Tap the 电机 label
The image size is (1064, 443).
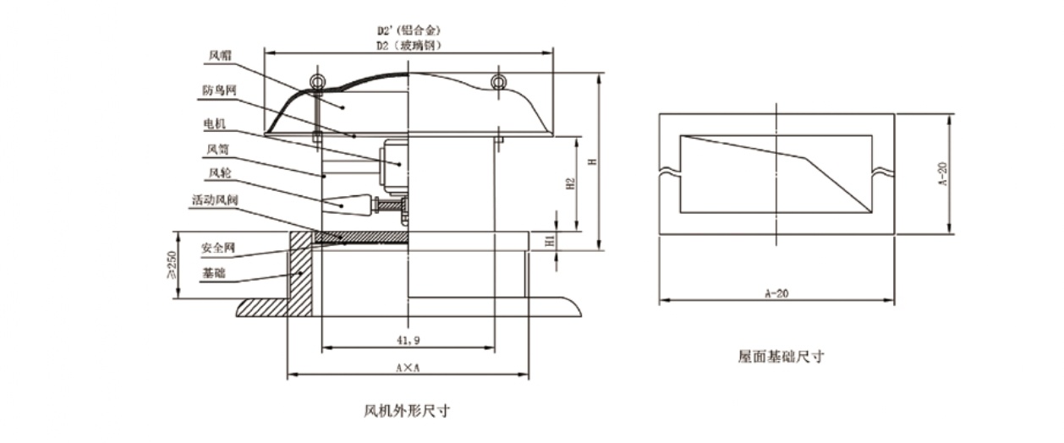point(215,123)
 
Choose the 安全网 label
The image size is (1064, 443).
point(217,249)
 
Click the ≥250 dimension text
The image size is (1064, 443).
point(172,266)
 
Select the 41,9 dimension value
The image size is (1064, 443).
point(409,340)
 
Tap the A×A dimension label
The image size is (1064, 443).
point(408,368)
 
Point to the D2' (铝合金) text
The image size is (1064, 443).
point(409,30)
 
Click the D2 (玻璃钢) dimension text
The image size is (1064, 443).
point(409,44)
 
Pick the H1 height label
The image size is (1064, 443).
point(551,241)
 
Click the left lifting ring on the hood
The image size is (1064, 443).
point(316,81)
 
